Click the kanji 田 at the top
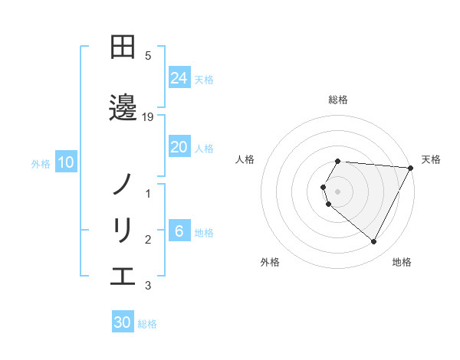(x=123, y=47)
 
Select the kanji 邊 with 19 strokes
(x=123, y=107)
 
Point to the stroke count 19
(x=149, y=117)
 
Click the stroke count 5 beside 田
(x=148, y=56)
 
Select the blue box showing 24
(x=179, y=78)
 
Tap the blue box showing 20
(x=179, y=147)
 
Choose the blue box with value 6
(x=179, y=231)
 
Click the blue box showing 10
(x=66, y=162)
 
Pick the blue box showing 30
(x=123, y=322)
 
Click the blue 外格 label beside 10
(x=41, y=163)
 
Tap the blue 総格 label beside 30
(x=147, y=324)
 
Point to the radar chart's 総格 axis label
(x=338, y=100)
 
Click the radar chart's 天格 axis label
(x=431, y=159)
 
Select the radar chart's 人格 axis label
(x=245, y=159)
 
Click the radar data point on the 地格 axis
(x=374, y=242)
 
